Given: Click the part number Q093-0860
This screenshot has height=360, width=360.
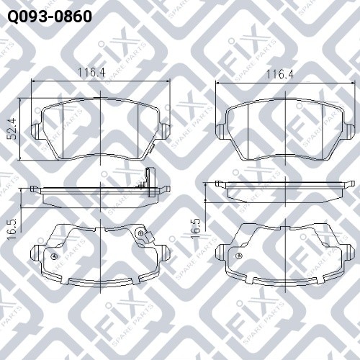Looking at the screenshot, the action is coord(50,17).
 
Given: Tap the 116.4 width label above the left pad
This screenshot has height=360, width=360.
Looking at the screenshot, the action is coord(91,72).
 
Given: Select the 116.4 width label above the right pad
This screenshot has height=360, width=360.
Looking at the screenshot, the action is coord(280,74).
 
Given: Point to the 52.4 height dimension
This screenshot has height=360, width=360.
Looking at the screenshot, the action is coord(12,128).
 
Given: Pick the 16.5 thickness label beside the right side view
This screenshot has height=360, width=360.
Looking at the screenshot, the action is coord(196,229).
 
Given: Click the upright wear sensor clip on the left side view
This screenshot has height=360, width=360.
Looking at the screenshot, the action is coord(150,182).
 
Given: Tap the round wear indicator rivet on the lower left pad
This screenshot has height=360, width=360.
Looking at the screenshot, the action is coord(140,233).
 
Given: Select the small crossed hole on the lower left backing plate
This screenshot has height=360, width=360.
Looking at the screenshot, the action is coord(54,256).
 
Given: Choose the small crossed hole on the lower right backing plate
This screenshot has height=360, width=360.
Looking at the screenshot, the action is coord(239,256).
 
